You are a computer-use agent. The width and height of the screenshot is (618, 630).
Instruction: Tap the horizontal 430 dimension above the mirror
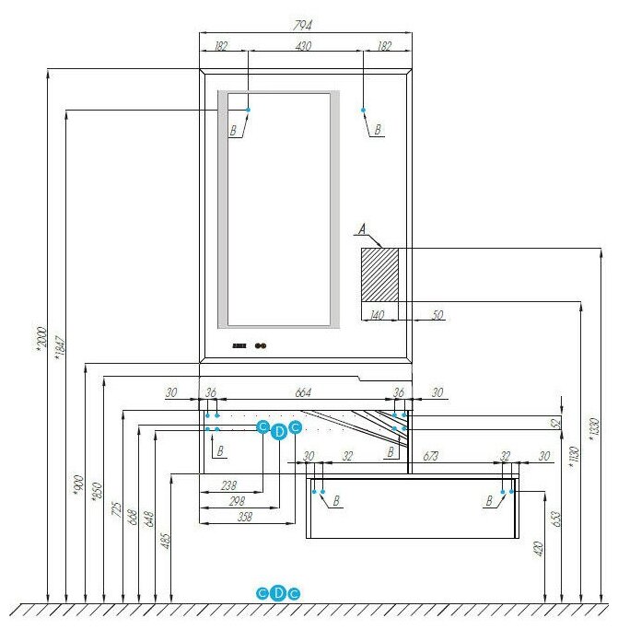coord(303,45)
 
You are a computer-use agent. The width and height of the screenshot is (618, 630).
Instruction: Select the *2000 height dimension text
coord(40,338)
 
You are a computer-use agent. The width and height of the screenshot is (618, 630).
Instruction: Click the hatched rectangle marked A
coord(379,274)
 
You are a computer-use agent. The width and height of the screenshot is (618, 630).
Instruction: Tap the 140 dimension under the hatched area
coord(377,315)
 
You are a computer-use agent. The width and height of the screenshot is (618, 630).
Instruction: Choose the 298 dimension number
coord(238,500)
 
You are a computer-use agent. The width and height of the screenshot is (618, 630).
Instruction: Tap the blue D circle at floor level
coord(279,593)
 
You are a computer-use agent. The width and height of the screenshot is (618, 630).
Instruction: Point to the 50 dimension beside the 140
coord(437,315)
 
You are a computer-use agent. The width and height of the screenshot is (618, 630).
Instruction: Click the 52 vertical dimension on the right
coord(555,423)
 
